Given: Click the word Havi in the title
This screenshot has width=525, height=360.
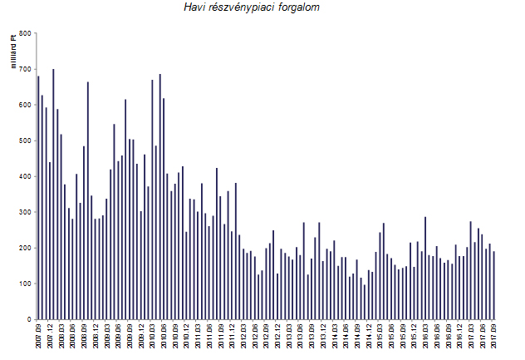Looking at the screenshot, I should coord(196,7).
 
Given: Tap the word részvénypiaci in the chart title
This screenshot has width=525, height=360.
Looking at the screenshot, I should coord(246,7).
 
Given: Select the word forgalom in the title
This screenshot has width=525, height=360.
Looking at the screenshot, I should coord(300,7).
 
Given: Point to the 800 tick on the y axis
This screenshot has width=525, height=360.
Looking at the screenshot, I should coord(24,34).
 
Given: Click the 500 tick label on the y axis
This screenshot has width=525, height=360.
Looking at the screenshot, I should coord(24,141).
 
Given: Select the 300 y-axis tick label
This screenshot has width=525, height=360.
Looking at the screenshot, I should coord(24,213).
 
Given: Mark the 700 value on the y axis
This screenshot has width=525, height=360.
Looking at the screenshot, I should coord(24,70).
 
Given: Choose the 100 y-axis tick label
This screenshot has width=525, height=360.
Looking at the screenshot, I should coord(24,284).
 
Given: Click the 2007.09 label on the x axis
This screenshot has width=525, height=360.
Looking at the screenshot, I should coord(39,338).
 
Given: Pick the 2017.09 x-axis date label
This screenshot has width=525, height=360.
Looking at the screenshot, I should coord(493,338).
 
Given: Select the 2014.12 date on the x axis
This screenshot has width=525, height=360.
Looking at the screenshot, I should coord(369,338).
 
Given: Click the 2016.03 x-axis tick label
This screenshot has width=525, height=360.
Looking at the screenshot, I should coord(425,338).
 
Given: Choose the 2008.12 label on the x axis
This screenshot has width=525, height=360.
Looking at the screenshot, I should coord(96,338).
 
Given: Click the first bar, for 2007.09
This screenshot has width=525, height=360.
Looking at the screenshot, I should coord(38,198).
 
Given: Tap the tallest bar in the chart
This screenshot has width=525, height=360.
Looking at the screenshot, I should coord(53,195).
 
